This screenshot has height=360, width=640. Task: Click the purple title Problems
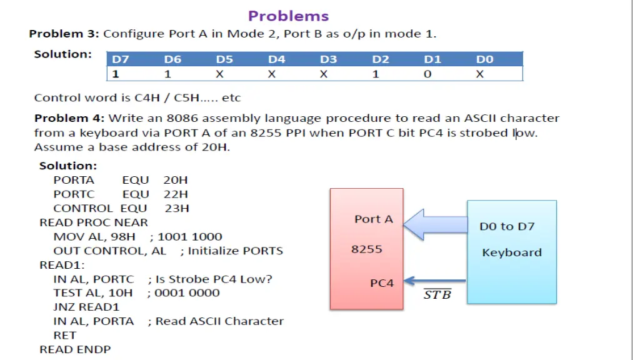click(x=288, y=16)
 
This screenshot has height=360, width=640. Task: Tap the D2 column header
click(x=380, y=59)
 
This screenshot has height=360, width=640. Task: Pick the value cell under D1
click(x=427, y=74)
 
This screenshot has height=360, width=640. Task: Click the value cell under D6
click(x=168, y=74)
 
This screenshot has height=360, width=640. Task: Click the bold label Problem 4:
click(x=69, y=118)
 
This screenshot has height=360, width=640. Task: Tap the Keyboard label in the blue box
click(x=511, y=252)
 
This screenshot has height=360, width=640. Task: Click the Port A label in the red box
click(x=374, y=219)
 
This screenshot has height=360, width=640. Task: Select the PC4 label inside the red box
click(x=382, y=283)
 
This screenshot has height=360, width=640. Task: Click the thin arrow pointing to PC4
click(x=436, y=281)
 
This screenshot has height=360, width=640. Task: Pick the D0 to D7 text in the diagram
click(x=507, y=226)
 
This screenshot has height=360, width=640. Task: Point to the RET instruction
click(x=65, y=335)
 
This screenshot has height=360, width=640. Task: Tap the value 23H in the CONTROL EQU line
click(x=177, y=208)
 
